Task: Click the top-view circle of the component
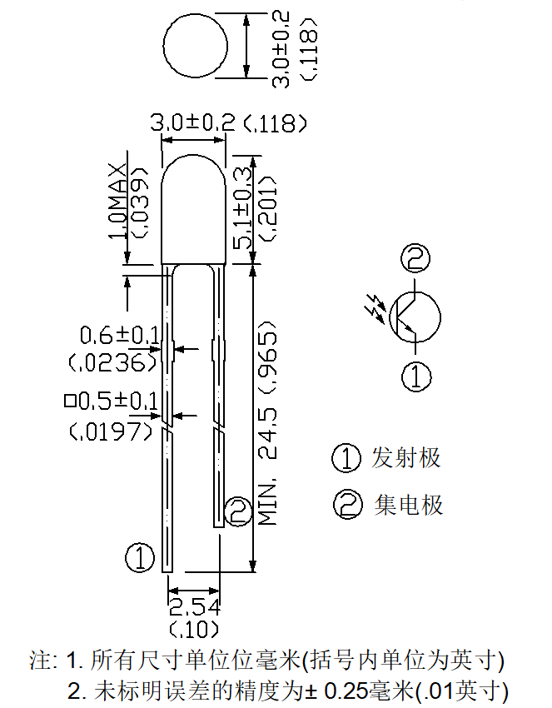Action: tap(163, 45)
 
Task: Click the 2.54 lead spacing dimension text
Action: tap(195, 608)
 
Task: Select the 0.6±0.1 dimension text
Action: tap(119, 336)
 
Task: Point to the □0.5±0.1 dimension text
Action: tap(111, 401)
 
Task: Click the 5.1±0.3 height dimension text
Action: tap(243, 207)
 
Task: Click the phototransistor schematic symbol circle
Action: tap(440, 317)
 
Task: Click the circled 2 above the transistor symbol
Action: tap(415, 258)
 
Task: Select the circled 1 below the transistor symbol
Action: tap(415, 376)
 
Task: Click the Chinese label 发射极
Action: tap(405, 458)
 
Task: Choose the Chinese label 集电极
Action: tap(409, 505)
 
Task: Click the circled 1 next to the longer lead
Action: tap(140, 557)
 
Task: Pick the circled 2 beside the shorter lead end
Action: tap(238, 511)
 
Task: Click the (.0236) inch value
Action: tap(113, 362)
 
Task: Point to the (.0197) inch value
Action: tap(111, 432)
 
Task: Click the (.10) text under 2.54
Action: tap(195, 630)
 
